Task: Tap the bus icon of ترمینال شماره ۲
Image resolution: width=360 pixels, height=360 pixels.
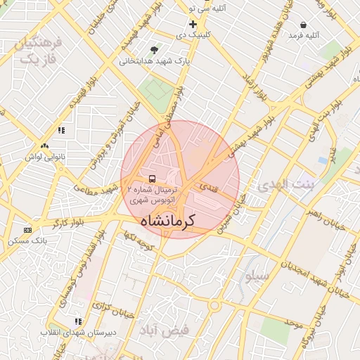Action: click(x=153, y=179)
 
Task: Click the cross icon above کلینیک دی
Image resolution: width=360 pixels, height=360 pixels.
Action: click(x=193, y=24)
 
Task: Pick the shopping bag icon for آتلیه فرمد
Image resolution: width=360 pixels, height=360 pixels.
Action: click(x=302, y=25)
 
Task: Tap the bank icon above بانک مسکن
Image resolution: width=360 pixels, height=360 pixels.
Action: click(x=27, y=230)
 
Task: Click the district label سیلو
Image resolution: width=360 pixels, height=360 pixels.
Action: click(x=257, y=276)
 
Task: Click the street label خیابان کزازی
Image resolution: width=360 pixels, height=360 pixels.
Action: click(x=108, y=307)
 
